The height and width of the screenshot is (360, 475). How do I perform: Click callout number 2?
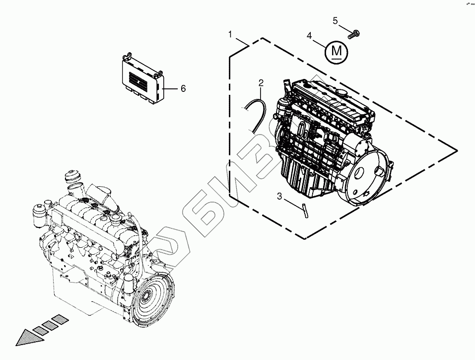pos(261,82)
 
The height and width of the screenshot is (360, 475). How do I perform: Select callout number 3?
pos(279,197)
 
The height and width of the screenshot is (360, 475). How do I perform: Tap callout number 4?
pos(309,36)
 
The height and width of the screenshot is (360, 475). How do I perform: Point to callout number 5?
pos(335,20)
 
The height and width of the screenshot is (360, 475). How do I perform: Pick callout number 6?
pos(183,88)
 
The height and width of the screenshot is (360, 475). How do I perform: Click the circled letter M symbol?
pos(337,51)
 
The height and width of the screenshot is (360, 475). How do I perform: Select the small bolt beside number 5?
pos(353,34)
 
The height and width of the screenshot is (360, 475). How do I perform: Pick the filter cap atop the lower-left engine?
pos(72,178)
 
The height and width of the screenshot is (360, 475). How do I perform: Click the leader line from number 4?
pos(320,42)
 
